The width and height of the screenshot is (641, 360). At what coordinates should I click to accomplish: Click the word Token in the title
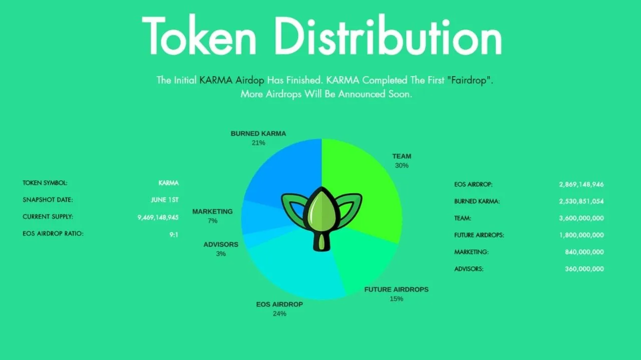pyautogui.click(x=199, y=35)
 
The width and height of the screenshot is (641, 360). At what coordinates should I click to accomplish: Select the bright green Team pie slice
pyautogui.click(x=369, y=186)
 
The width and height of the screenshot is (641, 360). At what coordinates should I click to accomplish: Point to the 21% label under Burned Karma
pyautogui.click(x=258, y=143)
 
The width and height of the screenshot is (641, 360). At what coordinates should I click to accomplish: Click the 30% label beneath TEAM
pyautogui.click(x=402, y=165)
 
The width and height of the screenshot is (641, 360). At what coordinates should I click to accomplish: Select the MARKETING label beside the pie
pyautogui.click(x=212, y=211)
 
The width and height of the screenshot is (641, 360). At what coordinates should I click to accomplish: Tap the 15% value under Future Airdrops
pyautogui.click(x=396, y=299)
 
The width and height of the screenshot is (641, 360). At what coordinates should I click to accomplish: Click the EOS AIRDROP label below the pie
pyautogui.click(x=279, y=304)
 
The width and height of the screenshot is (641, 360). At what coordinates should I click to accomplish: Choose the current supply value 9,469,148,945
pyautogui.click(x=158, y=217)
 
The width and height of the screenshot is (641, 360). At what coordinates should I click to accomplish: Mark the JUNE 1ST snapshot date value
pyautogui.click(x=165, y=200)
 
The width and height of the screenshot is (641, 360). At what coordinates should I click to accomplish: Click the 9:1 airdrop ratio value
pyautogui.click(x=174, y=235)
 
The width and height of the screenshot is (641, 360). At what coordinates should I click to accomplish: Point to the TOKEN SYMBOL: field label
pyautogui.click(x=45, y=183)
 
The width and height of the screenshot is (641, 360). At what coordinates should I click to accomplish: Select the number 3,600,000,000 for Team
pyautogui.click(x=581, y=218)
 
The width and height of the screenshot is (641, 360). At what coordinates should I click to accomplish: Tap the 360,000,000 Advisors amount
pyautogui.click(x=584, y=269)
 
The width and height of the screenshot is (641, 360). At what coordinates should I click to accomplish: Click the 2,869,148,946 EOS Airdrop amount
pyautogui.click(x=581, y=184)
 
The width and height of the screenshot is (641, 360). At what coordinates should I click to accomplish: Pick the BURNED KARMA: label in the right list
pyautogui.click(x=477, y=201)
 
